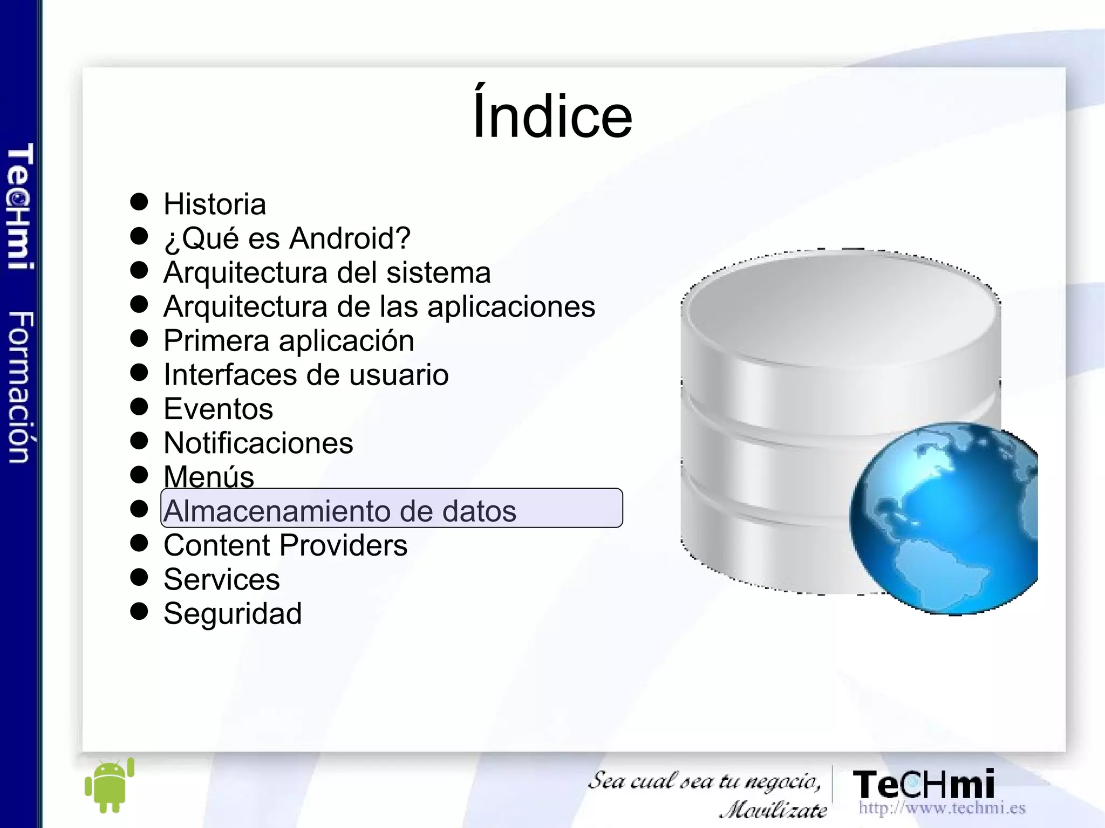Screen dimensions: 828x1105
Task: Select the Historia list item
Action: pos(215,204)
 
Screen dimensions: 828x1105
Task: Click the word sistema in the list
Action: pos(438,272)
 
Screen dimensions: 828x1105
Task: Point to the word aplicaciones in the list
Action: pos(511,307)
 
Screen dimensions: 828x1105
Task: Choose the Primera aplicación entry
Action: pos(289,341)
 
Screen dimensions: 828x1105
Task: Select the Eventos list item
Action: pos(218,409)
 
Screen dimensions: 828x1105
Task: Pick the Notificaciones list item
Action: pos(258,443)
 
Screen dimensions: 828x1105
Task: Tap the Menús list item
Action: pos(209,477)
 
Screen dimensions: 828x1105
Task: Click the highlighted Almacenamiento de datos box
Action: pos(392,508)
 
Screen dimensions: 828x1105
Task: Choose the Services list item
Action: pos(221,579)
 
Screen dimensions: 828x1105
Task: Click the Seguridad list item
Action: pos(232,614)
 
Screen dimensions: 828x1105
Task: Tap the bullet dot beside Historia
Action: pos(139,202)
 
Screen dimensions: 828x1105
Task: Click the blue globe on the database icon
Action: pos(944,518)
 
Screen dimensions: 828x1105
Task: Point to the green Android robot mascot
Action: pos(109,786)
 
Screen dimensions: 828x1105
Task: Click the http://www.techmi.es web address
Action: pos(942,808)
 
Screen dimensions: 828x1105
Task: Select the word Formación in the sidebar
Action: pos(21,387)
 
